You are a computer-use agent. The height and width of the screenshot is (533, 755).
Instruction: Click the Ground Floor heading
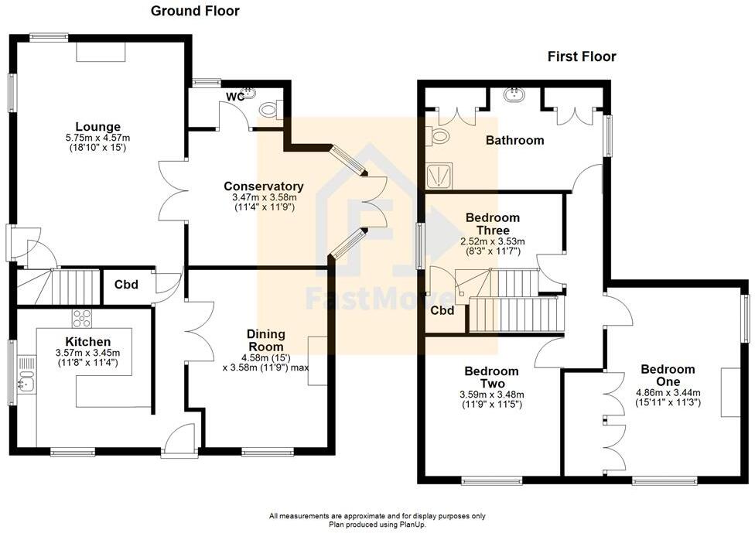pyautogui.click(x=194, y=11)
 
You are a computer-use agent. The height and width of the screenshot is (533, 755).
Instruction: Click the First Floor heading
pyautogui.click(x=582, y=56)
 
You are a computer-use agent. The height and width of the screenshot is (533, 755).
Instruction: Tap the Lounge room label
pyautogui.click(x=97, y=127)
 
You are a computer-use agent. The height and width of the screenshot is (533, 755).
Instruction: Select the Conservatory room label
pyautogui.click(x=263, y=186)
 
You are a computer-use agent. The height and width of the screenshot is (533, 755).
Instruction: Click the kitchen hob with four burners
pyautogui.click(x=82, y=318)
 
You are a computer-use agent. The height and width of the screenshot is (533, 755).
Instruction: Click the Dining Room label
pyautogui.click(x=265, y=341)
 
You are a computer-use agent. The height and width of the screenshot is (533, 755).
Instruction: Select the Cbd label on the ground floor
pyautogui.click(x=126, y=285)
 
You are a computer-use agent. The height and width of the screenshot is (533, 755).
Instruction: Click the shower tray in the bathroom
pyautogui.click(x=439, y=176)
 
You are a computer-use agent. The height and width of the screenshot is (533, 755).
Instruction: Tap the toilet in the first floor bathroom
pyautogui.click(x=438, y=137)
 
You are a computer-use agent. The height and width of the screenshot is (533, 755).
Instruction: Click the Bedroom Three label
pyautogui.click(x=493, y=224)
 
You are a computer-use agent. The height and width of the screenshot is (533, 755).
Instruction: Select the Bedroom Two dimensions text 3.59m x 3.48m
pyautogui.click(x=493, y=394)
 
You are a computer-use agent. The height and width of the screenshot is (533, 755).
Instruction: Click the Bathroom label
pyautogui.click(x=514, y=141)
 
